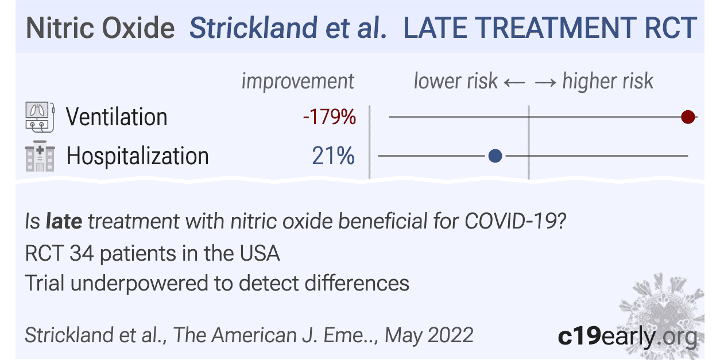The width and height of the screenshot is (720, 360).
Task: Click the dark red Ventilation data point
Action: point(688,118)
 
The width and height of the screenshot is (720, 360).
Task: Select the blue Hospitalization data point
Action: point(495,156)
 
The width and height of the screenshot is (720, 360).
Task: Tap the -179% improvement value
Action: point(330,118)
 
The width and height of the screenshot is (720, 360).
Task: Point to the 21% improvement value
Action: point(333,156)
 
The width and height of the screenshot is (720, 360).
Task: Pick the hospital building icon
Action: point(40,156)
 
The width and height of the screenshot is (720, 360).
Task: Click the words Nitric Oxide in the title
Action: point(100,28)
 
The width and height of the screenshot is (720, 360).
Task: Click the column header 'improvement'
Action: point(297,81)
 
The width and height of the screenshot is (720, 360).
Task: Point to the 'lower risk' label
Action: point(455,81)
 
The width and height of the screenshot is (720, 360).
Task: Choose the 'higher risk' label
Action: point(607,81)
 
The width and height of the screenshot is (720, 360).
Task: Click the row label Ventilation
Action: point(117,117)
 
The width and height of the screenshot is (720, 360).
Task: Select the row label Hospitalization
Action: point(137,156)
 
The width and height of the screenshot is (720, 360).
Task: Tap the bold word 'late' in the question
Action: point(64,221)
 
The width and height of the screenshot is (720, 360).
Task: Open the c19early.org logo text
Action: point(627,336)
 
